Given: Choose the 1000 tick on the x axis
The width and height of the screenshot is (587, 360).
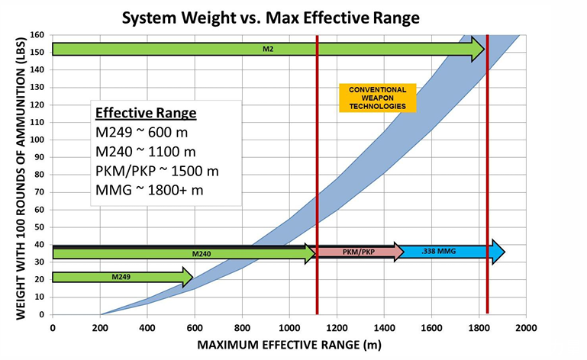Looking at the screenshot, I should click(x=289, y=326).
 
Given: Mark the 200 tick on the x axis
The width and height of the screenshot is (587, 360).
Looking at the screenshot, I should click(x=100, y=326).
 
